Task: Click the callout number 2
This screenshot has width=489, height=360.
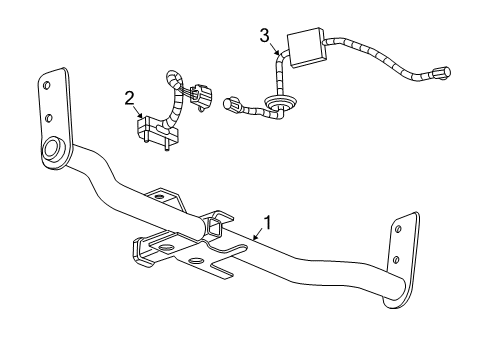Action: (x=129, y=97)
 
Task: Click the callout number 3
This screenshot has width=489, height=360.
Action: (x=264, y=36)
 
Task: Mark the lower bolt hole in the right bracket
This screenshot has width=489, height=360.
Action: (x=400, y=258)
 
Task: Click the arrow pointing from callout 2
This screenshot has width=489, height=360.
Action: (x=143, y=113)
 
